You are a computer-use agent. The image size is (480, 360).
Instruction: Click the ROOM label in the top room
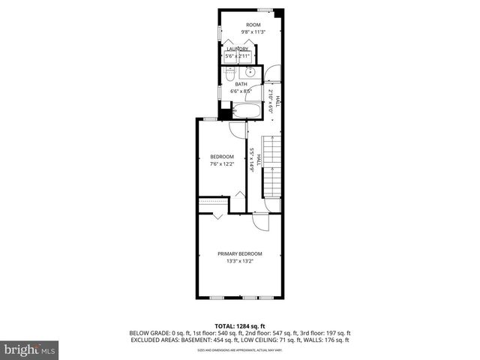click(243, 25)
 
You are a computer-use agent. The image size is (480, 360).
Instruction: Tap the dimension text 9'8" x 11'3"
click(243, 32)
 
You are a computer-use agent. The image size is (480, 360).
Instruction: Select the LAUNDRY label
click(237, 49)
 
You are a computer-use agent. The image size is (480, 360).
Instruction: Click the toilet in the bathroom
click(229, 73)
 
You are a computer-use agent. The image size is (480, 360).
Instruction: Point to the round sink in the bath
click(248, 73)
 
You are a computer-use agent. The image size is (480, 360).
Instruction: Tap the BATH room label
click(241, 84)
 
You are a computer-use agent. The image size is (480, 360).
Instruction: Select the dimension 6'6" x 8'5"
click(241, 91)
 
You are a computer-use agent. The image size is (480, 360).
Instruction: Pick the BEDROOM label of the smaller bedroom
click(222, 156)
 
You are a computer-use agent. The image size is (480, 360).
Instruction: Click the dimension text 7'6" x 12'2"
click(222, 163)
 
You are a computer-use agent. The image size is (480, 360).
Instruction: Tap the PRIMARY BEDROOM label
click(241, 253)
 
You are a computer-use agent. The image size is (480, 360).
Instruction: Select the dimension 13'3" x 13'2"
click(241, 261)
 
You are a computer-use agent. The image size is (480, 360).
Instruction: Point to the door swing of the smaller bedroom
click(237, 128)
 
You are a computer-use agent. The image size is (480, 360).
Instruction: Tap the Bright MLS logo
click(29, 349)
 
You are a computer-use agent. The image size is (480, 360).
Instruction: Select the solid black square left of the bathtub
click(227, 115)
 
